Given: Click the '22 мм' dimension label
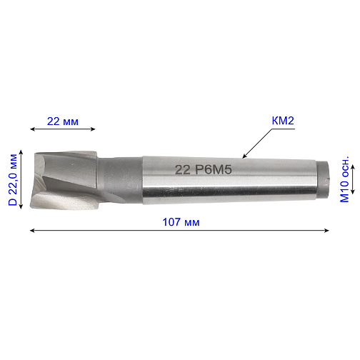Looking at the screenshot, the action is [63, 121].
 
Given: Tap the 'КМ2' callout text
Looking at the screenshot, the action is [283, 121].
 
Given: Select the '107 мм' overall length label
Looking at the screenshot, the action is [181, 222].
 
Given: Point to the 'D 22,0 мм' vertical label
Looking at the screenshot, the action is [13, 180].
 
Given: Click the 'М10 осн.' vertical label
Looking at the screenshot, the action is [344, 179].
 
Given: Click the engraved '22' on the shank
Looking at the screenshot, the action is [183, 170].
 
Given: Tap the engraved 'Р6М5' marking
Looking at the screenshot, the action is [214, 170].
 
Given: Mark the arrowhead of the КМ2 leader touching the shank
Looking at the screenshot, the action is [244, 156].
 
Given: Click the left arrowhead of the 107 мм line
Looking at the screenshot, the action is [32, 230].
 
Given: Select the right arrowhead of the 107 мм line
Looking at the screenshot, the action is [327, 230].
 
